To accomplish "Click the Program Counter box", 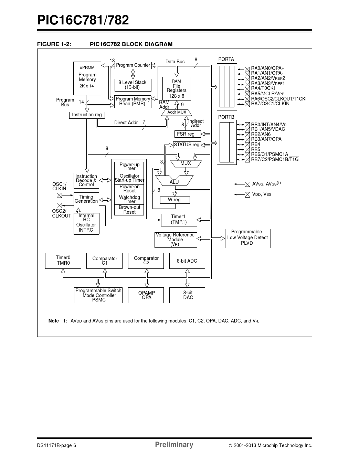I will point(133,65).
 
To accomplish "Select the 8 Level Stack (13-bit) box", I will point(133,85).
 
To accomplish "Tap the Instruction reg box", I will point(87,115).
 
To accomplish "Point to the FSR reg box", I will point(186,134).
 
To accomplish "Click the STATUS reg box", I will point(187,145).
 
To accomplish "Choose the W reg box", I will point(174,200).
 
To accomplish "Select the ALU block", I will point(174,181).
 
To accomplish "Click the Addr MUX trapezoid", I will point(177,112).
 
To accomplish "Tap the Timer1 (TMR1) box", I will point(179,220).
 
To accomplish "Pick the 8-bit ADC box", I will point(187,261).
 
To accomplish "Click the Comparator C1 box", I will point(105,261).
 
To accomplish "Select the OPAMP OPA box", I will point(146,295).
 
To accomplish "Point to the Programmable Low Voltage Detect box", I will point(247,238).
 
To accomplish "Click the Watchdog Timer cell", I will point(129,200).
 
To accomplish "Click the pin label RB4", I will point(256,145).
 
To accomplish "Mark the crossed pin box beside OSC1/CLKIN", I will point(59,195).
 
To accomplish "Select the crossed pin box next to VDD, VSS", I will point(247,195).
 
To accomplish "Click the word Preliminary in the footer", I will point(174,445).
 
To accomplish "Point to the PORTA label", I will point(226,59).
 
